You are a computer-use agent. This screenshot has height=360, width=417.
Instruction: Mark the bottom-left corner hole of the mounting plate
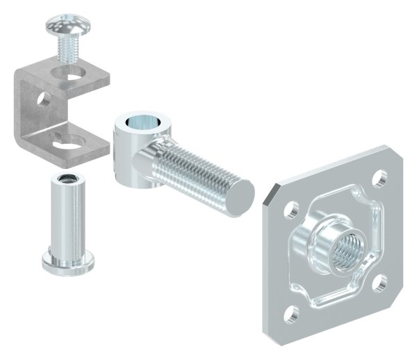pos(293,311)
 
